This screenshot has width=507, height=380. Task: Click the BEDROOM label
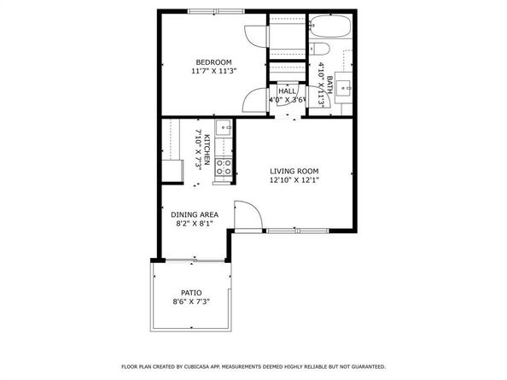(213, 62)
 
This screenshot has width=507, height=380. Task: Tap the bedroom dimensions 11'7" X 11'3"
(213, 72)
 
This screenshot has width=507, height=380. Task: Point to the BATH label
(329, 85)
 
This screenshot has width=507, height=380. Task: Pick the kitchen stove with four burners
(224, 167)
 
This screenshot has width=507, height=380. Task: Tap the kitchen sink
(223, 129)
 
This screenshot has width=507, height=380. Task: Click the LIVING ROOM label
(294, 171)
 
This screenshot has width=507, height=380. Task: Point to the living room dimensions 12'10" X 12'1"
(294, 180)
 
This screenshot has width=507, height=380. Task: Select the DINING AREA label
(195, 214)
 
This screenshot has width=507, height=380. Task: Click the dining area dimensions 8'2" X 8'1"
(195, 224)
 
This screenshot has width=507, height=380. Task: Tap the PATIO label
(191, 292)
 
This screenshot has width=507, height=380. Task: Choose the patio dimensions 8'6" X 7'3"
(191, 301)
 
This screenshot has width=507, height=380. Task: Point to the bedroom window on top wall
(213, 11)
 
